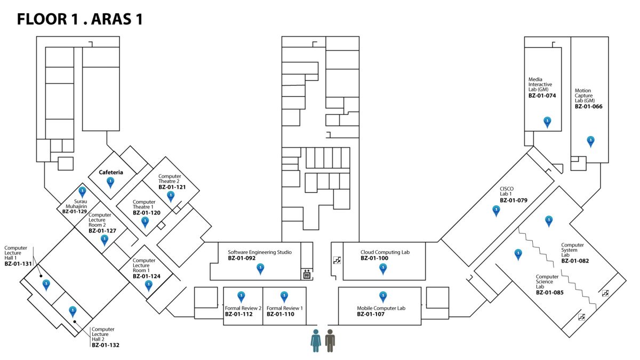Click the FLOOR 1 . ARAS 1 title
(79, 20)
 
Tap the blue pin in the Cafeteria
(110, 182)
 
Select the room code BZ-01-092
(242, 258)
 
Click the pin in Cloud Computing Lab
(382, 268)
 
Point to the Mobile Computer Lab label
(381, 308)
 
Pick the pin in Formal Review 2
(241, 296)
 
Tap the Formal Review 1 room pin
(284, 296)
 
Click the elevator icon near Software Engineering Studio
(307, 274)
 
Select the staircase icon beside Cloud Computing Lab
(337, 260)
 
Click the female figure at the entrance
(316, 340)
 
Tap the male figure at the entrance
(330, 340)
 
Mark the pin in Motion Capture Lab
(590, 141)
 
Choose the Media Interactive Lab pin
(547, 122)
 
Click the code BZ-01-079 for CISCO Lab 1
(514, 201)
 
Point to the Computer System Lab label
(572, 250)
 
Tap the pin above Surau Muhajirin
(82, 191)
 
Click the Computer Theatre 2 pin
(171, 196)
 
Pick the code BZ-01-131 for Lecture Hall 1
(19, 263)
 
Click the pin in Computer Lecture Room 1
(149, 285)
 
